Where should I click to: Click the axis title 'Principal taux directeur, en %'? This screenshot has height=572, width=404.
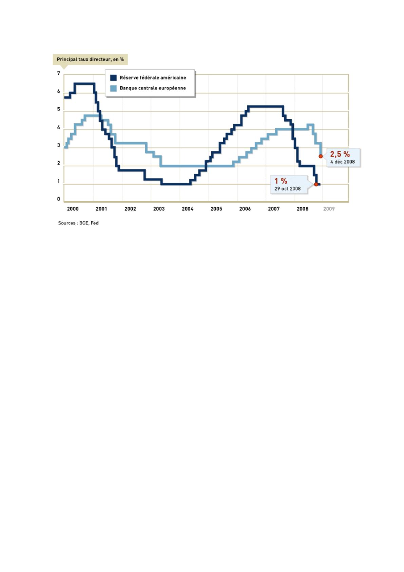click(x=90, y=59)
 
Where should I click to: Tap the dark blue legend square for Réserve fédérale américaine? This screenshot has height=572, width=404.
click(x=113, y=78)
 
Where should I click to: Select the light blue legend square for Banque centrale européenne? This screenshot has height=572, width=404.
click(x=113, y=88)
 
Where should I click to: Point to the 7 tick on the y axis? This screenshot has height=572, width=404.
click(x=59, y=73)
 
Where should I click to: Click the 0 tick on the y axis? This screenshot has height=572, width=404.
click(x=59, y=199)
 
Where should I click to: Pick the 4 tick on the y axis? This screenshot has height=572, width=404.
click(x=59, y=128)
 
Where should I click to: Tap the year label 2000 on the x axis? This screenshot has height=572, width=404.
click(x=73, y=209)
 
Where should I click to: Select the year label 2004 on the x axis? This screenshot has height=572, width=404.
click(x=188, y=209)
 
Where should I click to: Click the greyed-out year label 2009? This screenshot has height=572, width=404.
click(x=329, y=209)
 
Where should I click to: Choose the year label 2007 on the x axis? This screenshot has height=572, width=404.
click(x=274, y=209)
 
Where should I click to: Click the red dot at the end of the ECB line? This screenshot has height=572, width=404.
click(x=321, y=156)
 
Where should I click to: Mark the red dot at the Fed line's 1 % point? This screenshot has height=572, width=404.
click(x=316, y=184)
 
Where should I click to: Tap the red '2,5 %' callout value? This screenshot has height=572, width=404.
click(x=340, y=155)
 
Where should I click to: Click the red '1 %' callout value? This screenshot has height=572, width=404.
click(x=281, y=181)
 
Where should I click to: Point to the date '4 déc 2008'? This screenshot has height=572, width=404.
click(x=343, y=162)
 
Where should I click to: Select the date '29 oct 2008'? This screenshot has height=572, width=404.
click(x=288, y=189)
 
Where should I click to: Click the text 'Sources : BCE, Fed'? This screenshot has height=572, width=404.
click(x=78, y=223)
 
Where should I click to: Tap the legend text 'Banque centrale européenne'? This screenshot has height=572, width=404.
click(x=153, y=88)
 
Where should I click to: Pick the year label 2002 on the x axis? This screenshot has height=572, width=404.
click(x=130, y=209)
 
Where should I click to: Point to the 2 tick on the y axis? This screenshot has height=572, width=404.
click(x=59, y=163)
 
